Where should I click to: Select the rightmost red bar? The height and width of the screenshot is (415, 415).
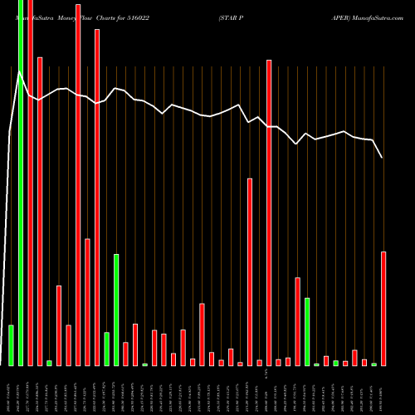point(383,308)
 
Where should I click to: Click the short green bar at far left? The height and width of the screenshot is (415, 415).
point(11,344)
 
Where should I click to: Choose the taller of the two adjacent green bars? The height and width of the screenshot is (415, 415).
point(116,310)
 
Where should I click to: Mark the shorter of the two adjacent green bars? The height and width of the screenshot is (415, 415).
point(106,349)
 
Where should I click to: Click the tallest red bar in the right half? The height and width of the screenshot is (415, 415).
point(269,212)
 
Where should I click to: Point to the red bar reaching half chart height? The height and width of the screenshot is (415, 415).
point(250,271)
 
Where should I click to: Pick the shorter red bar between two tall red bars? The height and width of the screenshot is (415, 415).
point(87,302)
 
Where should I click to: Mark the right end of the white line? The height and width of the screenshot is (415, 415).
point(383,157)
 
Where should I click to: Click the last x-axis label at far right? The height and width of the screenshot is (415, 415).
point(383,389)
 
